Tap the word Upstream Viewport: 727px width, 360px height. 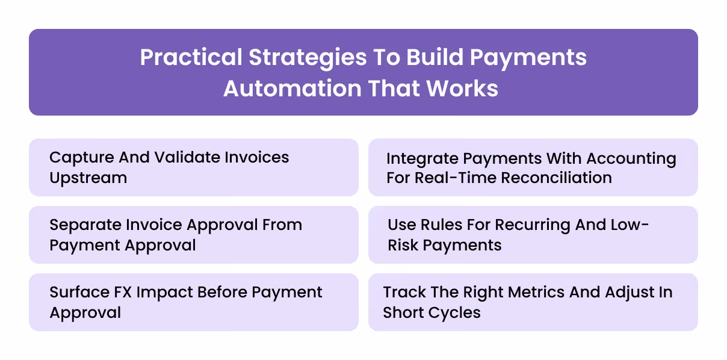[x=88, y=178]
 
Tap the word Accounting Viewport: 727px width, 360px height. [x=631, y=159]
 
